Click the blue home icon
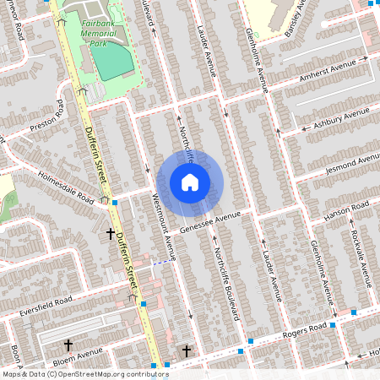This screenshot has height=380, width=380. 190,182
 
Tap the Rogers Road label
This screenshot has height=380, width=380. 303,330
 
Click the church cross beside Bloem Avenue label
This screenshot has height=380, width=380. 68,345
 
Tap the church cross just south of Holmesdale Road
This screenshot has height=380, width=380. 110,231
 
